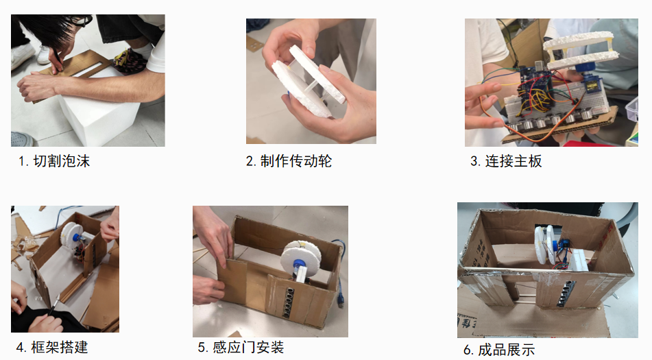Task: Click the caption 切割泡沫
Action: click(61, 161)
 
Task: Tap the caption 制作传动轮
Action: click(296, 161)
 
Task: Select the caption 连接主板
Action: click(514, 161)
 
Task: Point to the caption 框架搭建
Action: click(60, 347)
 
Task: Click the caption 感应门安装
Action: click(248, 347)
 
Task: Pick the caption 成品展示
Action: click(507, 350)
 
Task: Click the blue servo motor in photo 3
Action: click(590, 83)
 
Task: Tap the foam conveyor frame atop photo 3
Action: click(579, 50)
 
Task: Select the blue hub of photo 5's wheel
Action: click(298, 265)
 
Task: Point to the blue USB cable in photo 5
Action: click(340, 274)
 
